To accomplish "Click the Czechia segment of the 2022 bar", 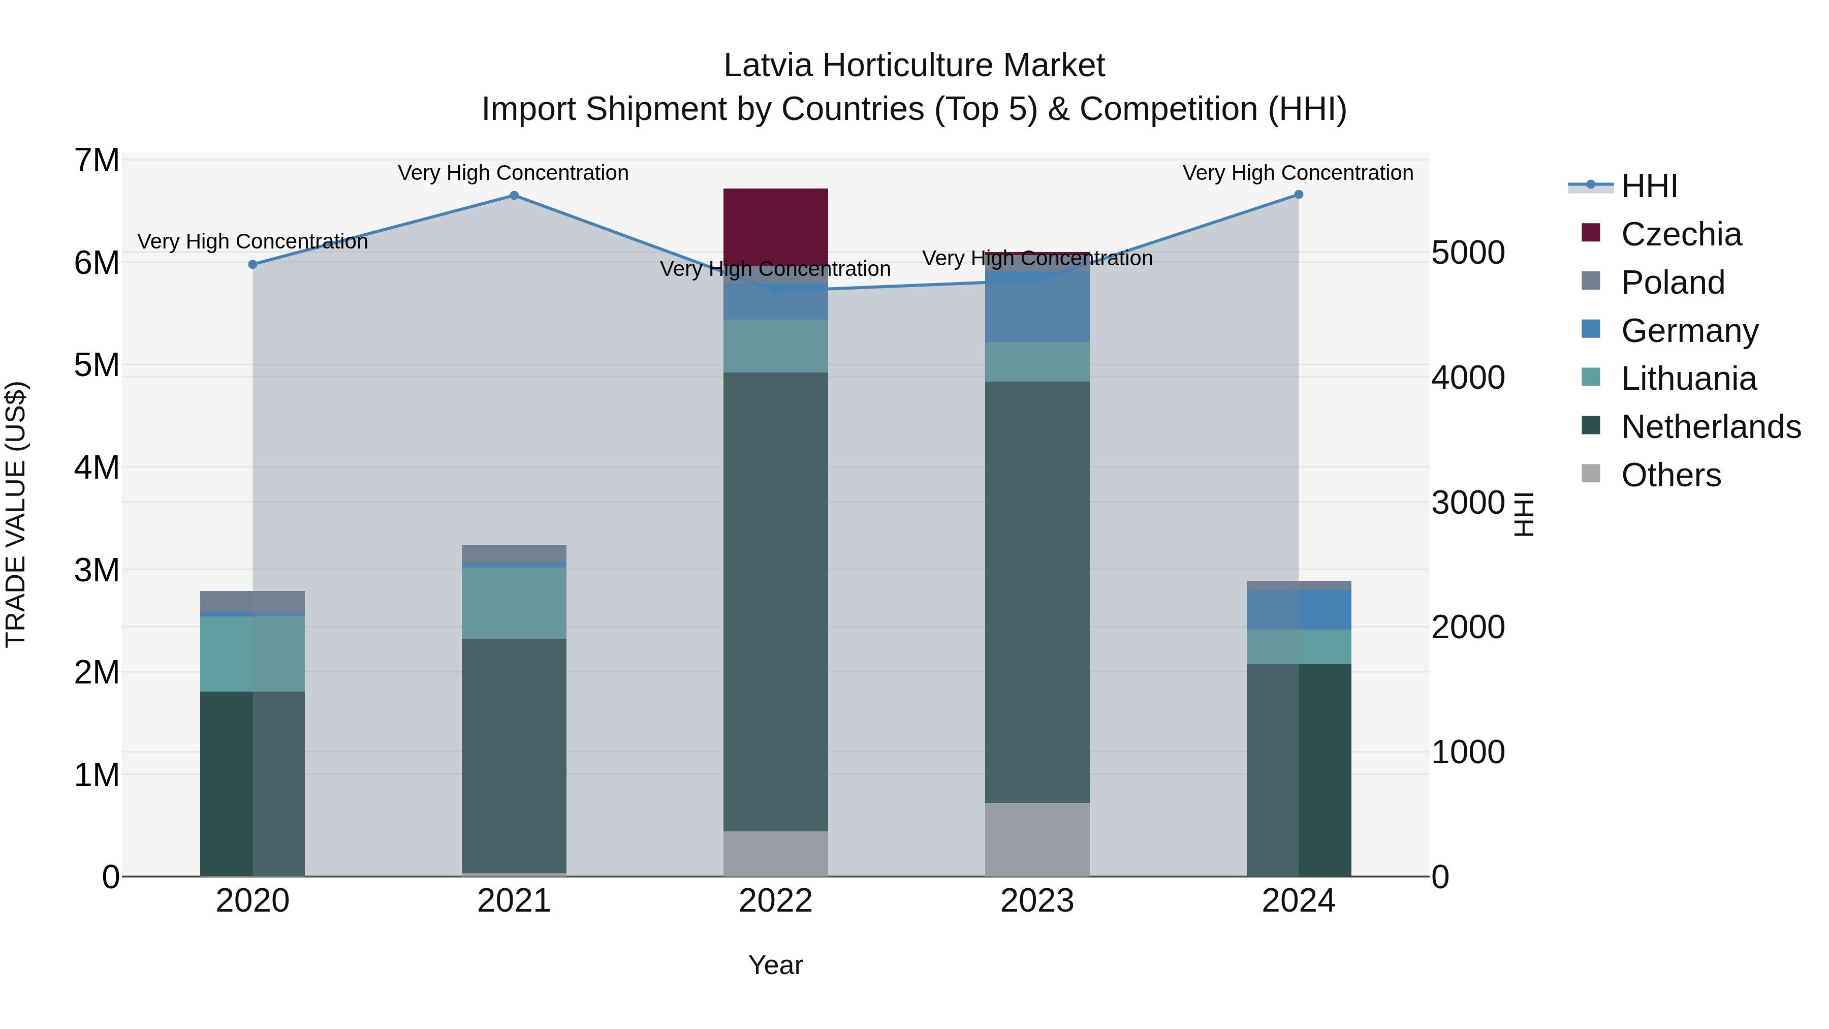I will (775, 227).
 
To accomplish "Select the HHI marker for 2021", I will (514, 195).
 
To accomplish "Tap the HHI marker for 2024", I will (1299, 195).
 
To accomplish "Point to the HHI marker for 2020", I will (253, 264).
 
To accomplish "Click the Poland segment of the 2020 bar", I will (253, 602).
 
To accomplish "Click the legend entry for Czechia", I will (1681, 234).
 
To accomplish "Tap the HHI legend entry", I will (1649, 186).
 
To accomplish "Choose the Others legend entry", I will (1670, 475).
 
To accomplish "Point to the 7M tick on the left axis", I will (97, 161).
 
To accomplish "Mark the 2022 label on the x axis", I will (775, 901).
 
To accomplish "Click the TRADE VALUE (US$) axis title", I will (16, 514).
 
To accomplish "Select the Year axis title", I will (775, 965).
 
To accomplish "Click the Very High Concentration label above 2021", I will (513, 173).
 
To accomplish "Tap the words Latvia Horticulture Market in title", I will (914, 66).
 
